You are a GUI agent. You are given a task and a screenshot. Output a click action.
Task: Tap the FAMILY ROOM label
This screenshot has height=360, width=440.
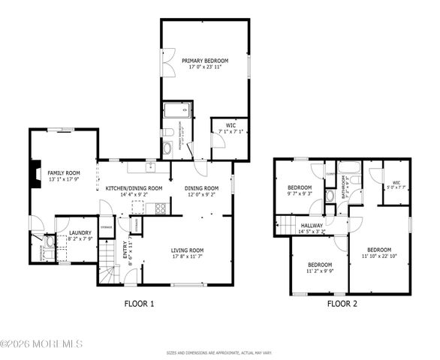64,172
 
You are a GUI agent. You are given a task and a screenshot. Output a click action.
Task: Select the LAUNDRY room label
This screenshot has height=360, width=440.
80,233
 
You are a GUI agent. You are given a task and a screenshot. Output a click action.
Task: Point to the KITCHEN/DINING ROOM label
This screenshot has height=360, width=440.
134,188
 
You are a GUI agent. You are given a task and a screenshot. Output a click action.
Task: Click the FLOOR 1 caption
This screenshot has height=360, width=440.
139,304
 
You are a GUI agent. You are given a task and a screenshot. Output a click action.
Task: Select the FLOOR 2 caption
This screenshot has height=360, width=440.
342,304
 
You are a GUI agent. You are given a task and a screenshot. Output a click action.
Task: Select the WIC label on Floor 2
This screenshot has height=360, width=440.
396,182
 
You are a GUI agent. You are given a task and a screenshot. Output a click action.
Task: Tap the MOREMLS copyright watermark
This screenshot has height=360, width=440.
41,344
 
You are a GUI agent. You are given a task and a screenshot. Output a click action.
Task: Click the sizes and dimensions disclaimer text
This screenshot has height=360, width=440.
219,352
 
